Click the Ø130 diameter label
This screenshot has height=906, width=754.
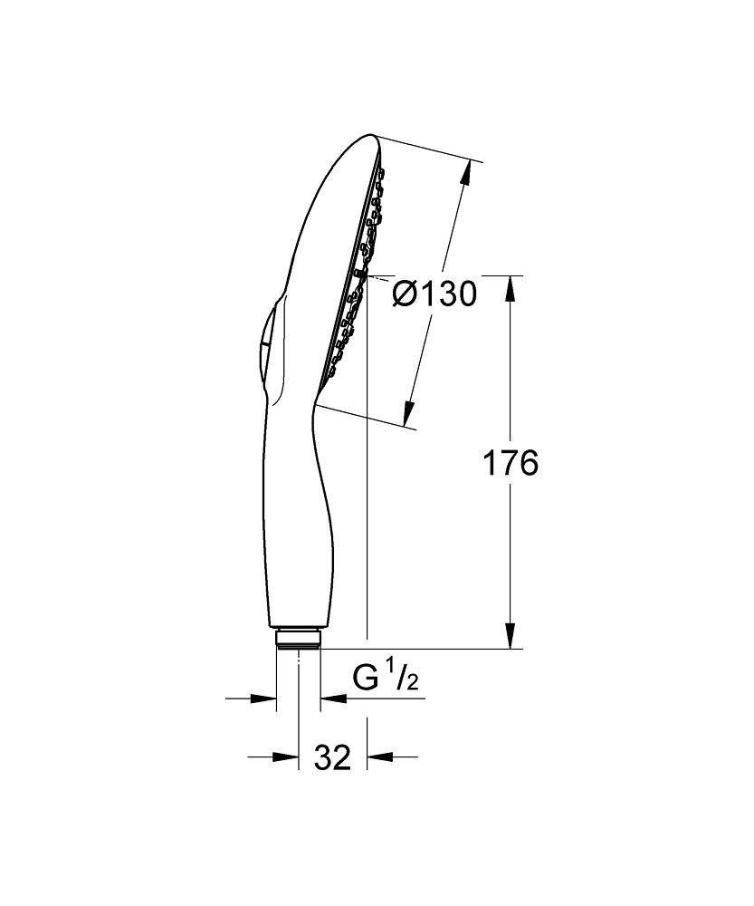pyautogui.click(x=434, y=294)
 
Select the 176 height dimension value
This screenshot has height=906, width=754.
pyautogui.click(x=510, y=462)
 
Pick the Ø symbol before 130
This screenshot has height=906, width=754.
pyautogui.click(x=405, y=294)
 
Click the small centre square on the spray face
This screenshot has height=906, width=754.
pyautogui.click(x=359, y=273)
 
